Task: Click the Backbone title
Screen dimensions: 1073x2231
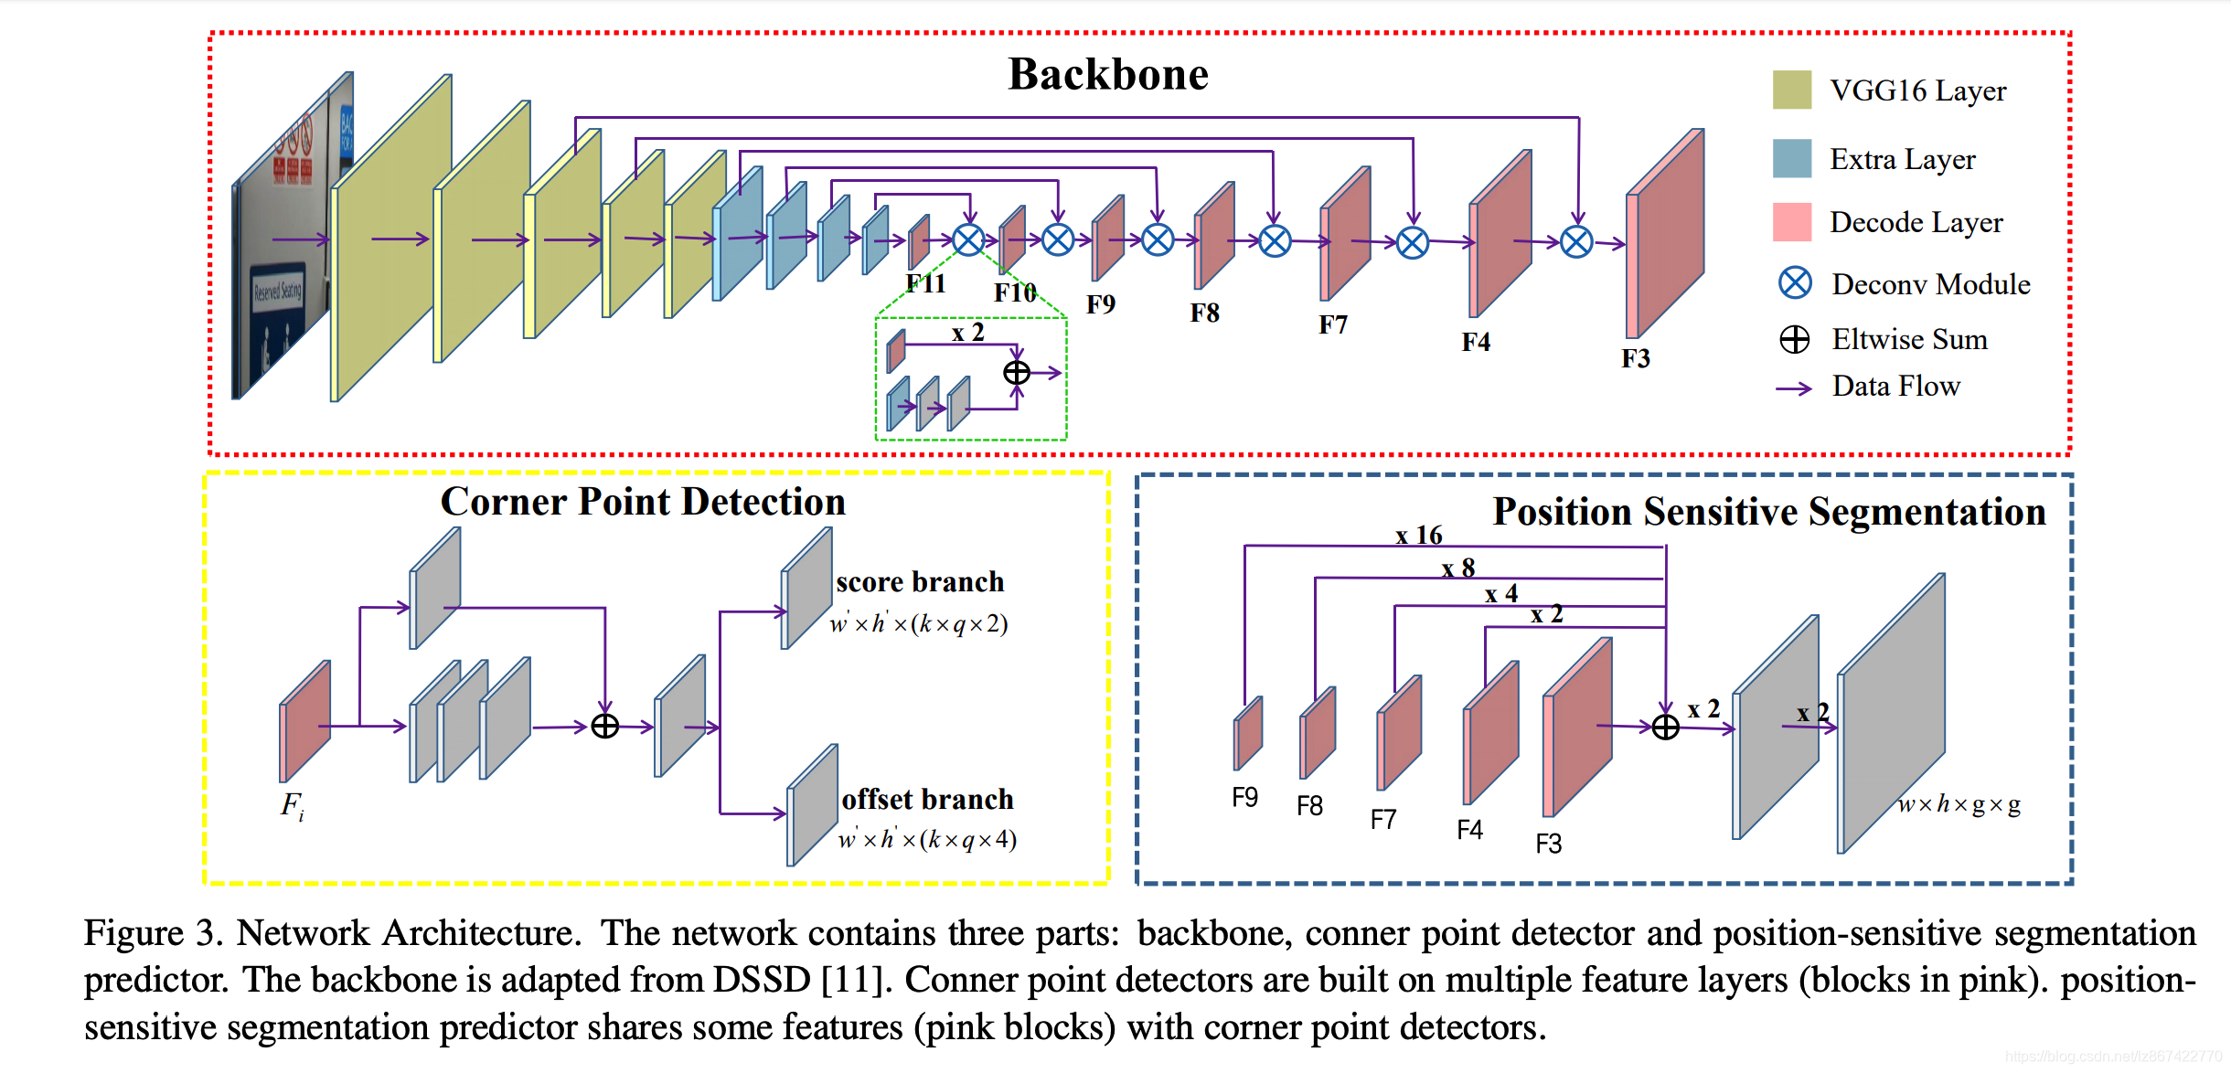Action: tap(1107, 74)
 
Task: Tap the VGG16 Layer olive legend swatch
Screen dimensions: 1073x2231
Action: tap(1791, 90)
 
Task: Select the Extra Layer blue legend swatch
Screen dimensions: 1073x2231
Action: tap(1791, 158)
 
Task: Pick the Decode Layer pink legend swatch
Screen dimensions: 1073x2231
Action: tap(1791, 222)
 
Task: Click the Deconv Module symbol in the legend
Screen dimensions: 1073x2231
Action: tap(1795, 283)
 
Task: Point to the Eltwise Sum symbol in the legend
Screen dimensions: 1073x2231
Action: tap(1794, 339)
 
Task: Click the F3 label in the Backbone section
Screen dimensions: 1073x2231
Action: tap(1636, 358)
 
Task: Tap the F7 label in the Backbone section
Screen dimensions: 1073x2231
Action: tap(1332, 325)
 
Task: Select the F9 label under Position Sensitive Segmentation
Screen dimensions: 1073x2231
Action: tap(1244, 798)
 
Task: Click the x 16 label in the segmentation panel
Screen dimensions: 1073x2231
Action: tap(1418, 536)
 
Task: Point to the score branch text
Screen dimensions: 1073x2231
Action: tap(919, 582)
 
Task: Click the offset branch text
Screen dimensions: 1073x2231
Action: tap(927, 800)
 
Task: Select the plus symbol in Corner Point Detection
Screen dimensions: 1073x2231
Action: tap(605, 727)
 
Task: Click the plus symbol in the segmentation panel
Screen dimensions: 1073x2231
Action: tap(1666, 728)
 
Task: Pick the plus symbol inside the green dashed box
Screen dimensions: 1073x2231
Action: tap(1017, 373)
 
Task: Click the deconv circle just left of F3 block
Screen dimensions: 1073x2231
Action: tap(1576, 242)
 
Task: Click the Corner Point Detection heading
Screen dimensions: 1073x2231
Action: tap(643, 502)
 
